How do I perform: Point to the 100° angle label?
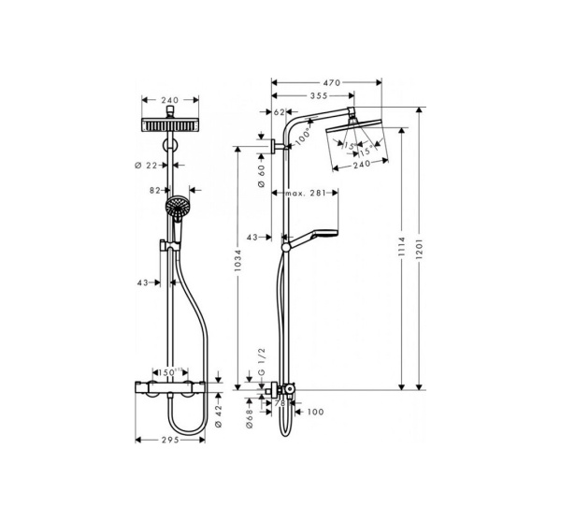(x=303, y=138)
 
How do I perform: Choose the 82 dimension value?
(x=157, y=190)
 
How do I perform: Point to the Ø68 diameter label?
(x=250, y=415)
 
